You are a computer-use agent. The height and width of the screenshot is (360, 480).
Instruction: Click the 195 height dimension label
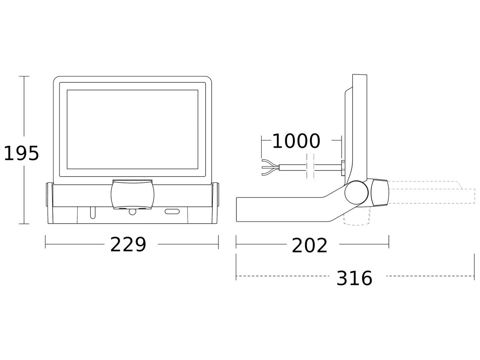pyautogui.click(x=22, y=154)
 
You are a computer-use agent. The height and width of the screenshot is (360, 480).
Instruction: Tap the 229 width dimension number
pyautogui.click(x=128, y=244)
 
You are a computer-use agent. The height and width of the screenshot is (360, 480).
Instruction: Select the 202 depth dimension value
pyautogui.click(x=310, y=246)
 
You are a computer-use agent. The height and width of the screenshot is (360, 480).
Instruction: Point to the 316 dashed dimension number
pyautogui.click(x=354, y=278)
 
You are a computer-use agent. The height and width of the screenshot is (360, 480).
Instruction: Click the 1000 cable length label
pyautogui.click(x=296, y=141)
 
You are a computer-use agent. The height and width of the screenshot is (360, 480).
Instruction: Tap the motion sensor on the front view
pyautogui.click(x=132, y=194)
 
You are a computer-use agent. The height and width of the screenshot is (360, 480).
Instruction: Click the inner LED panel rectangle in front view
pyautogui.click(x=132, y=129)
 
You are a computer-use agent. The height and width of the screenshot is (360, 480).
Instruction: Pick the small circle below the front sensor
pyautogui.click(x=132, y=212)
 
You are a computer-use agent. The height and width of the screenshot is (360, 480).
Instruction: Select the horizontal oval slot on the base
pyautogui.click(x=172, y=211)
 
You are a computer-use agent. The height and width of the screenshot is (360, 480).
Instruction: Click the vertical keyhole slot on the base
pyautogui.click(x=93, y=213)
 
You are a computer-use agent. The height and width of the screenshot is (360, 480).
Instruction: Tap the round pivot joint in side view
pyautogui.click(x=356, y=192)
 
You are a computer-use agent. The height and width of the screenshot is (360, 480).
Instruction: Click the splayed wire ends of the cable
pyautogui.click(x=271, y=168)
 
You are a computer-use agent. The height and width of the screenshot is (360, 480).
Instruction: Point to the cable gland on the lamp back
pyautogui.click(x=343, y=168)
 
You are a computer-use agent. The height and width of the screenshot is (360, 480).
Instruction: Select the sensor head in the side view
pyautogui.click(x=380, y=192)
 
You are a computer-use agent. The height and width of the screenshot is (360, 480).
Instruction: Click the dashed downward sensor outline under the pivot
pyautogui.click(x=357, y=216)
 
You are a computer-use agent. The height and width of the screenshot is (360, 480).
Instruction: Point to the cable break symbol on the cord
pyautogui.click(x=310, y=166)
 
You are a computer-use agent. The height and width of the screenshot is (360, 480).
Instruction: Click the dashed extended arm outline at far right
pyautogui.click(x=432, y=192)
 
